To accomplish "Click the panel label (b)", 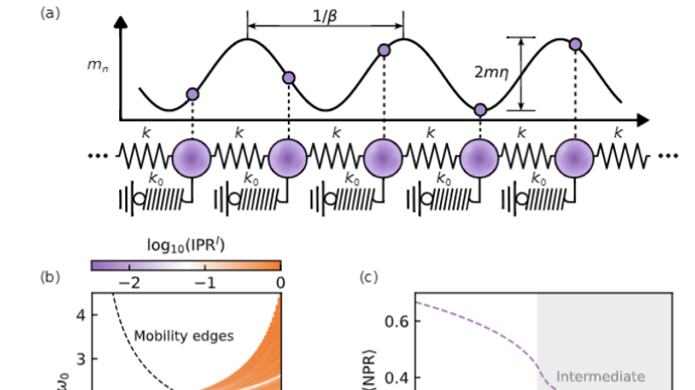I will tap(50, 278).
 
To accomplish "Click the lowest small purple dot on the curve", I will tap(479, 110).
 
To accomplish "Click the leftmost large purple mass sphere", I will tap(191, 159).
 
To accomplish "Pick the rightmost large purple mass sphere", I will tap(575, 159).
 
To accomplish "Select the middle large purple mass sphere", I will tap(384, 159).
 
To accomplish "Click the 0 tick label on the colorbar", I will tap(280, 282).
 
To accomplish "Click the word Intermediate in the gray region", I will tap(601, 376).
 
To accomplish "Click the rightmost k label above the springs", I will tap(618, 133).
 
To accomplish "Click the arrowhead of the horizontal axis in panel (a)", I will tap(643, 118).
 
